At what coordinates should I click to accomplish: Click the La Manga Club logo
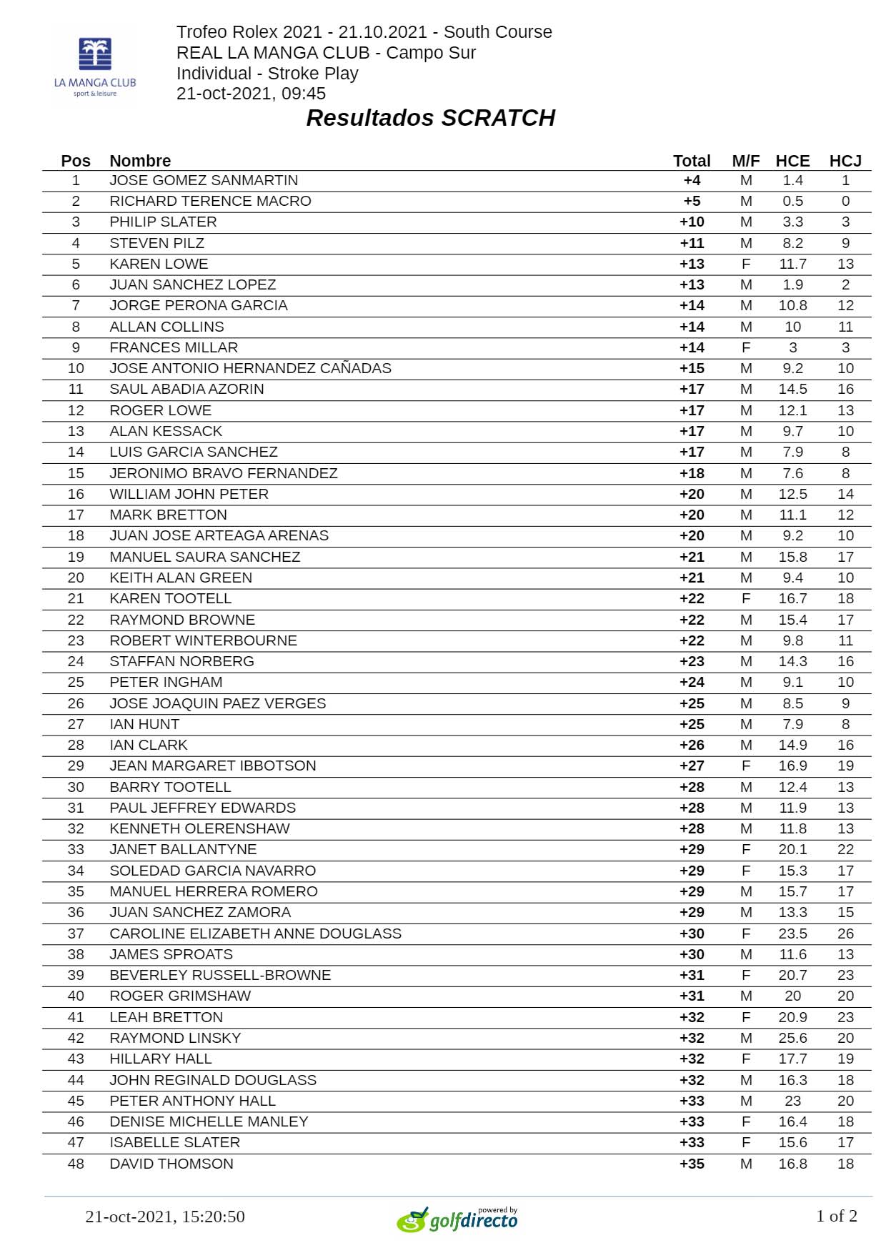(x=95, y=66)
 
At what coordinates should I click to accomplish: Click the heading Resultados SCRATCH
(x=430, y=118)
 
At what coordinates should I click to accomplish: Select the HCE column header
(x=792, y=161)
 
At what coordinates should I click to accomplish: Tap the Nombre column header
(x=140, y=161)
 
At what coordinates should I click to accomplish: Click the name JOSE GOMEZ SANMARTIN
(x=204, y=180)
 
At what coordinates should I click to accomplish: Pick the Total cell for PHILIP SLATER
(x=692, y=222)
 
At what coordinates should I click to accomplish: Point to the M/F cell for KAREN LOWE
(x=746, y=264)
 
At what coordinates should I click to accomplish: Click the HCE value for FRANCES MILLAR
(x=792, y=347)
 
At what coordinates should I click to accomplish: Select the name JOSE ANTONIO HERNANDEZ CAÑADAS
(x=250, y=368)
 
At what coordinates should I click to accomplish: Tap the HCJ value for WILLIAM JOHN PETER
(x=845, y=494)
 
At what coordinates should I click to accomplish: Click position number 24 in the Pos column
(x=76, y=661)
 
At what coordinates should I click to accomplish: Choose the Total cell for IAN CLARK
(x=692, y=745)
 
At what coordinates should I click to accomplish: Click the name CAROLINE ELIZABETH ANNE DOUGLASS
(x=255, y=933)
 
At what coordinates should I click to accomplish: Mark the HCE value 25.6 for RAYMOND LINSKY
(x=792, y=1038)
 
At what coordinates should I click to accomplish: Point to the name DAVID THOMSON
(x=171, y=1164)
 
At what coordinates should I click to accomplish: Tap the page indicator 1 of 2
(x=836, y=1216)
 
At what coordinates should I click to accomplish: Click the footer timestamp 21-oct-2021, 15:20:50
(x=165, y=1217)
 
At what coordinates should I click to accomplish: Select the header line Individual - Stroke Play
(x=267, y=74)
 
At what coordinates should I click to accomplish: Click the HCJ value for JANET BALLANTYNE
(x=845, y=849)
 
